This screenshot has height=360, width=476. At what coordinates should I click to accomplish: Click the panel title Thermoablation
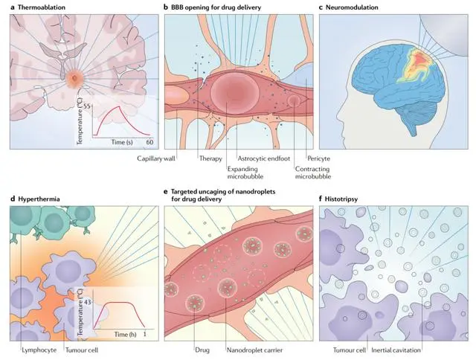pos(42,7)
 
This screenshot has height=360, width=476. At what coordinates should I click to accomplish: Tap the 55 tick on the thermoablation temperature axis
pos(86,106)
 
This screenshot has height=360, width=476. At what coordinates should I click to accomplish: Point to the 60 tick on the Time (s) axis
pos(149,142)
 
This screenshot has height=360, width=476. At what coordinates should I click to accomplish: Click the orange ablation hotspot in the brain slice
pos(74,78)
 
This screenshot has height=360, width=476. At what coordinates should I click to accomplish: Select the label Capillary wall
pos(155,158)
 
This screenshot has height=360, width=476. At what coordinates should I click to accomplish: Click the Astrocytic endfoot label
pos(263,158)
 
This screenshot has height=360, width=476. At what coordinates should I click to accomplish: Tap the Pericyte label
pos(318,158)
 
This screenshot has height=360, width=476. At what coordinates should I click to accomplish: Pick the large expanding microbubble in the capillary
pos(235,92)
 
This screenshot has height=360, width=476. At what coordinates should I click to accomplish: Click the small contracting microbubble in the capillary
pos(294,100)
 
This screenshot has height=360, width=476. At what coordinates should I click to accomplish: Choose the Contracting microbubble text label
pos(312,173)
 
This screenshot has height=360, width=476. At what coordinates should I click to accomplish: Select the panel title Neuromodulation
pos(352,7)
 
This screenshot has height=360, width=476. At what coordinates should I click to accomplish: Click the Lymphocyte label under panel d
pos(39,350)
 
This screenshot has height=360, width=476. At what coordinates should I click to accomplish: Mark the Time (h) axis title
pos(125,335)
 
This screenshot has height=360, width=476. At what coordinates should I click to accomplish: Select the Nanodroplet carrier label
pos(254,350)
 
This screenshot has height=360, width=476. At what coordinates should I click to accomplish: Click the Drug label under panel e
pos(202,350)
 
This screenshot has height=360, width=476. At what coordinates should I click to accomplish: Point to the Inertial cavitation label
pos(396,350)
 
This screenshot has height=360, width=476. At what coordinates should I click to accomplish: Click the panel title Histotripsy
pos(341,199)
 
